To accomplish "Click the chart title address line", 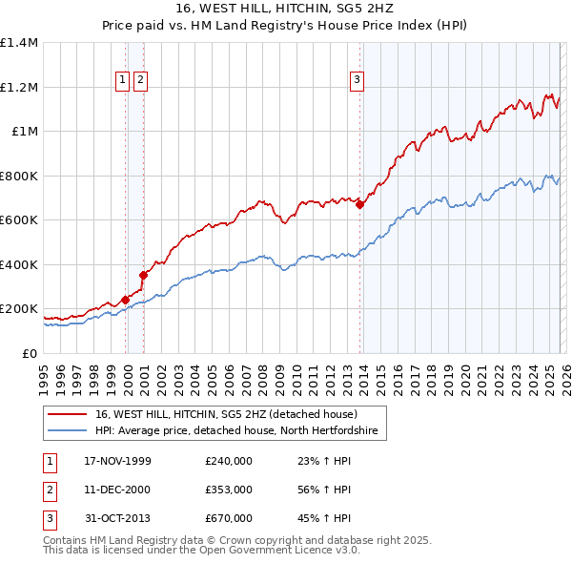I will click(x=286, y=9).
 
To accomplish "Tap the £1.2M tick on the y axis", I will click(x=19, y=88).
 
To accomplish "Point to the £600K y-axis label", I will click(x=19, y=220).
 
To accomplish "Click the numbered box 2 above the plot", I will click(x=141, y=81).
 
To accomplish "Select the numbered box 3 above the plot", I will click(x=357, y=81).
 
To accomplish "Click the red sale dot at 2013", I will click(x=360, y=204).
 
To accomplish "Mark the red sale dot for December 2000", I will click(x=143, y=275).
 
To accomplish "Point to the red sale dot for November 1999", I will click(x=126, y=300).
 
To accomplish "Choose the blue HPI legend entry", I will click(x=236, y=431).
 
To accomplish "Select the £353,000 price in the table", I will click(x=229, y=490).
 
